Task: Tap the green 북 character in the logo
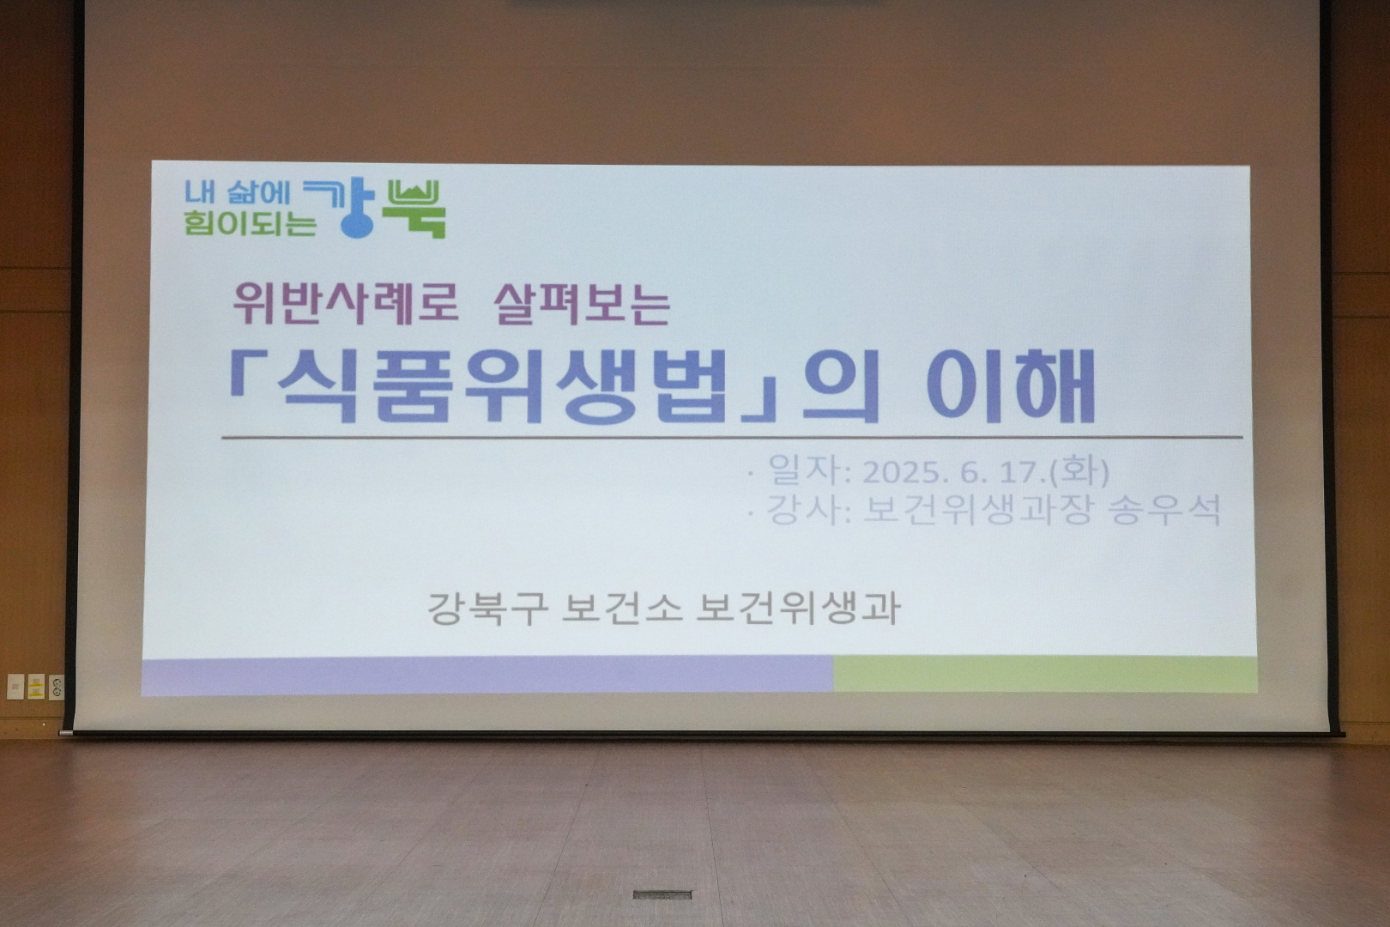(x=414, y=209)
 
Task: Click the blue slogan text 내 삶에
(x=238, y=192)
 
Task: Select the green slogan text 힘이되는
(x=250, y=223)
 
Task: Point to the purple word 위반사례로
(x=346, y=304)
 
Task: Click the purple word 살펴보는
(x=582, y=304)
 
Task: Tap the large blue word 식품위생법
(x=502, y=386)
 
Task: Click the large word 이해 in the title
(x=1011, y=386)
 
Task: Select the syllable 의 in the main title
(x=840, y=386)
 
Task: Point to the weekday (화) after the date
(x=1078, y=472)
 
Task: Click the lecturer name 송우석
(x=1165, y=511)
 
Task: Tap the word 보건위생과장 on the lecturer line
(x=976, y=511)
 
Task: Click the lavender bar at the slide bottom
(x=487, y=676)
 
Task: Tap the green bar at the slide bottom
(x=1046, y=675)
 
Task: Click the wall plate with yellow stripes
(x=36, y=686)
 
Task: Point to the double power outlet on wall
(x=56, y=687)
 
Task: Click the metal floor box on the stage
(x=662, y=894)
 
